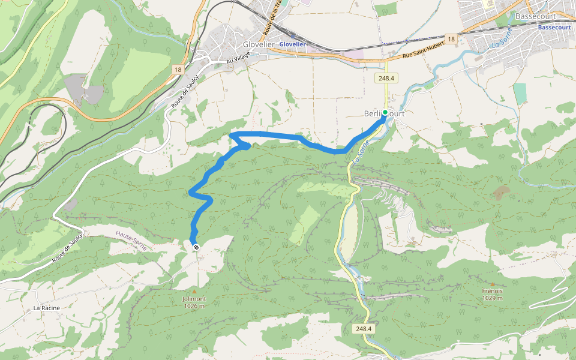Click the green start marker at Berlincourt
(x=385, y=112)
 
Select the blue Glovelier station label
(x=293, y=44)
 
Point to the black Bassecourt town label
(x=536, y=16)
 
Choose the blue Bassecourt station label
(x=554, y=28)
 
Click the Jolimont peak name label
(x=194, y=299)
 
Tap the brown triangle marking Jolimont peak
(x=194, y=292)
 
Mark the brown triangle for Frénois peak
(x=493, y=284)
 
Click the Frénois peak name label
(x=492, y=291)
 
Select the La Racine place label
(x=46, y=308)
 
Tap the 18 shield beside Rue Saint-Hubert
(x=451, y=39)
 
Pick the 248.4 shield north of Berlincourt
(x=386, y=78)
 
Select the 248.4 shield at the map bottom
(x=364, y=329)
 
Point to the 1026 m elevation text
(x=194, y=306)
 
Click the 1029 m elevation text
(x=492, y=298)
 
